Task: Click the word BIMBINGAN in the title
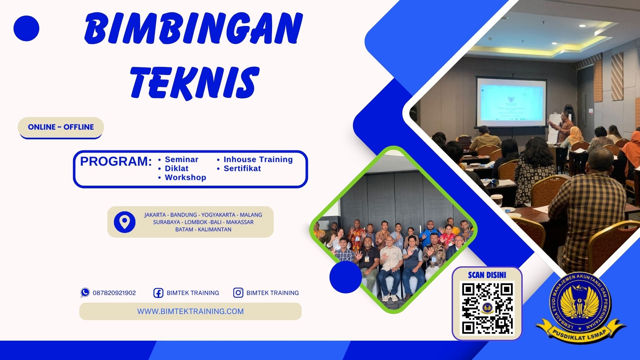[x=193, y=29]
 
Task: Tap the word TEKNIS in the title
[x=195, y=82]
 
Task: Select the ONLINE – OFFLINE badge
[x=61, y=127]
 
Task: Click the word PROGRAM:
[x=116, y=162]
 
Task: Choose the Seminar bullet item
[x=181, y=159]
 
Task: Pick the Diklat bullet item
[x=176, y=168]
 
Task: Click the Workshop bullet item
[x=185, y=177]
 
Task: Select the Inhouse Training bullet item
[x=258, y=159]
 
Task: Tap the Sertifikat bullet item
[x=242, y=168]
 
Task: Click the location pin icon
[x=124, y=222]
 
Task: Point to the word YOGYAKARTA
[x=218, y=215]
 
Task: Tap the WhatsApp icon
[x=85, y=293]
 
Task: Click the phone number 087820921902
[x=114, y=293]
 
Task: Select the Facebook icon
[x=158, y=293]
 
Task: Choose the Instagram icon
[x=238, y=293]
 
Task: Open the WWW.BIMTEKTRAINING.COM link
[x=190, y=311]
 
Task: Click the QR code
[x=487, y=308]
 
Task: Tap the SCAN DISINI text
[x=487, y=275]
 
